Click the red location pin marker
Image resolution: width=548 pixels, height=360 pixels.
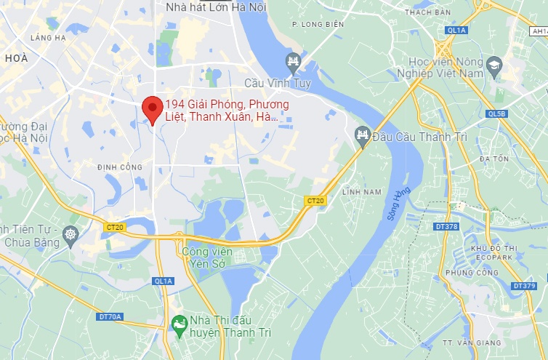click(151, 109)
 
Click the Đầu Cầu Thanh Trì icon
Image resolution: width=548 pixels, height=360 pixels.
click(362, 135)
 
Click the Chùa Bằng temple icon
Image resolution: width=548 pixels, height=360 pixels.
click(70, 234)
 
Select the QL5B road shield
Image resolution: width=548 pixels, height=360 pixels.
click(496, 113)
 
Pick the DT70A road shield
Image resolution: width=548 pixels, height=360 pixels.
click(110, 316)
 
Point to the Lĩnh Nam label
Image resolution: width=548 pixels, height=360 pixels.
click(361, 192)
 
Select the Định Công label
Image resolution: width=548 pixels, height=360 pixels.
click(120, 167)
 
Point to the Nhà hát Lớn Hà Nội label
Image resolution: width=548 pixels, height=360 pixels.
click(216, 7)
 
